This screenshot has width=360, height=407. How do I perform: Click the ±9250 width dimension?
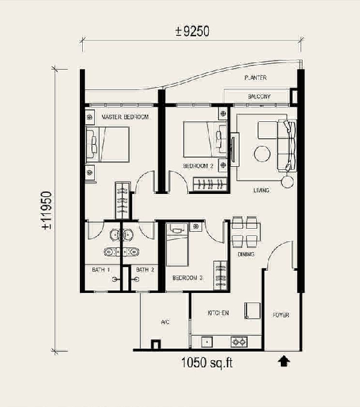point(192,31)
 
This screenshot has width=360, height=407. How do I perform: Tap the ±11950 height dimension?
point(47,210)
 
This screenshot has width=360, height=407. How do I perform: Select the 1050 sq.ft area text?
point(207,363)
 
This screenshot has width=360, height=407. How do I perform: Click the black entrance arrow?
point(284,361)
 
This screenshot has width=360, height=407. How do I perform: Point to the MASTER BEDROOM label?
point(125,117)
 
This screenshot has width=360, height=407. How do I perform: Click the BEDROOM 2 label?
point(199,166)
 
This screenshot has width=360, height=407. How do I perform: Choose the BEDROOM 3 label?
point(188,278)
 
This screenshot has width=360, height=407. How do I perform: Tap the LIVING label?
point(261,190)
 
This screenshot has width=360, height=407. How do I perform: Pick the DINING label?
point(246,254)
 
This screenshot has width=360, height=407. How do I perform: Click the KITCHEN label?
point(218,313)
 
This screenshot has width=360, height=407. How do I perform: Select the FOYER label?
point(281,315)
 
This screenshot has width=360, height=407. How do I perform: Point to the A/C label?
point(165,322)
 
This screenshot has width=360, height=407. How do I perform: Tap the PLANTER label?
point(256,77)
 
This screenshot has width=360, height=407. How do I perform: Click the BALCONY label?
point(259,97)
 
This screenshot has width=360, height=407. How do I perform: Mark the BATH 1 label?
point(101,270)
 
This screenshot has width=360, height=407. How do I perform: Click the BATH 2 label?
point(145,270)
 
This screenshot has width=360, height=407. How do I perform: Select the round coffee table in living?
point(262,154)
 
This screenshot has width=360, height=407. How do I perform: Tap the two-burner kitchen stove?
point(239,342)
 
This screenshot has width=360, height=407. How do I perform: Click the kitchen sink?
point(207,342)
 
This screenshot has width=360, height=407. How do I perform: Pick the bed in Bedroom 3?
point(177,244)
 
